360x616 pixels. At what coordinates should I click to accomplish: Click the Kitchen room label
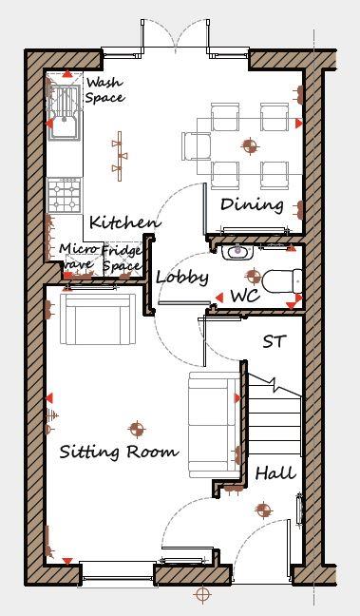[x=123, y=222]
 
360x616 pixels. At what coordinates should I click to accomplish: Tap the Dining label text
[x=252, y=204]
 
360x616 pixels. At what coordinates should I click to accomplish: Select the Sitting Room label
[x=119, y=452]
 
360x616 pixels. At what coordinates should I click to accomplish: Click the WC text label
[x=244, y=297]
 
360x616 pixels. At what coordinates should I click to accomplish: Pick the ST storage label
[x=275, y=338]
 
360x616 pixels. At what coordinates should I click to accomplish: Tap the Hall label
[x=275, y=472]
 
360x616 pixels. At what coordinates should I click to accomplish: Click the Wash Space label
[x=104, y=90]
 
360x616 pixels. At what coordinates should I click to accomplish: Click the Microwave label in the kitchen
[x=77, y=257]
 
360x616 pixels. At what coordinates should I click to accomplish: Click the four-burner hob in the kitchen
[x=65, y=197]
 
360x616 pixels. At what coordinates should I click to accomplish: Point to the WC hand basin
[x=236, y=253]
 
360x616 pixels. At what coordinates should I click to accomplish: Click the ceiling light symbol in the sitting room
[x=137, y=429]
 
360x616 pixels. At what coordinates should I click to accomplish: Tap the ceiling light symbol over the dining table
[x=251, y=145]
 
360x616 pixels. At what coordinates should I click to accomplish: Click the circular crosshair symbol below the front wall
[x=201, y=595]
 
